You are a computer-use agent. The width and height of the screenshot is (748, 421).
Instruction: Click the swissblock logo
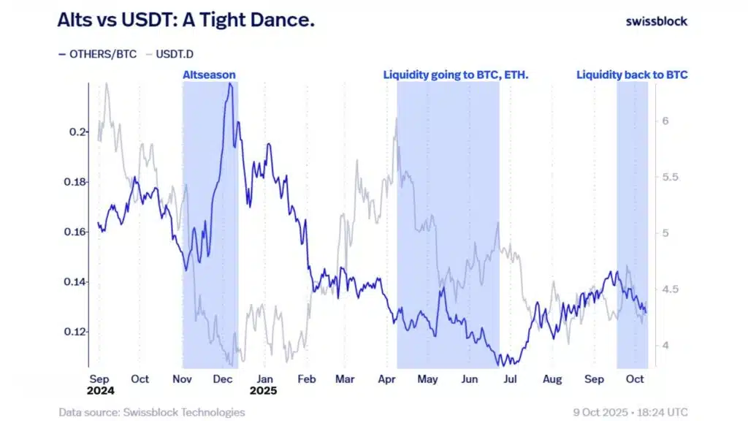coord(656,21)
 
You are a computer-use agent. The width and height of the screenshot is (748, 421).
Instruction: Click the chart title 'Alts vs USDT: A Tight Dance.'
coord(186,20)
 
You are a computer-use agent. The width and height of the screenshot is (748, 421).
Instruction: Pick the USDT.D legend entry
coord(169,53)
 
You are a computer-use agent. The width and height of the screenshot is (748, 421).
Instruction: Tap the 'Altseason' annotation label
coord(209,75)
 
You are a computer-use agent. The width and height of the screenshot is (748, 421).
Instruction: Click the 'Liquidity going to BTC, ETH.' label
coord(455,75)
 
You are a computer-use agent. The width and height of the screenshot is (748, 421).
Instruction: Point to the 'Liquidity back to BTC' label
coord(632,75)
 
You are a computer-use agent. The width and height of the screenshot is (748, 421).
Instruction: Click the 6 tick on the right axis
coord(665,121)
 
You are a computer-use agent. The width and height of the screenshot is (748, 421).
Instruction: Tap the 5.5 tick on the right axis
coord(670,178)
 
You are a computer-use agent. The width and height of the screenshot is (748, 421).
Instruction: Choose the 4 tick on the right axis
coord(665,345)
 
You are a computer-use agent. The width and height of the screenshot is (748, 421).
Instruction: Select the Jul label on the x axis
coord(511,379)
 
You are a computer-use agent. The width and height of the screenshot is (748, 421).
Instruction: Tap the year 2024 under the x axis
coord(100,391)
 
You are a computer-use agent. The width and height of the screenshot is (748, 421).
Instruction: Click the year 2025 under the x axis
coord(265,391)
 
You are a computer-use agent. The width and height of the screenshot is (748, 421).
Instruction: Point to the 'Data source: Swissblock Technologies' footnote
coord(151,412)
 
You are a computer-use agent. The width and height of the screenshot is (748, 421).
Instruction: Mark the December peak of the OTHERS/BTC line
coord(230,84)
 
